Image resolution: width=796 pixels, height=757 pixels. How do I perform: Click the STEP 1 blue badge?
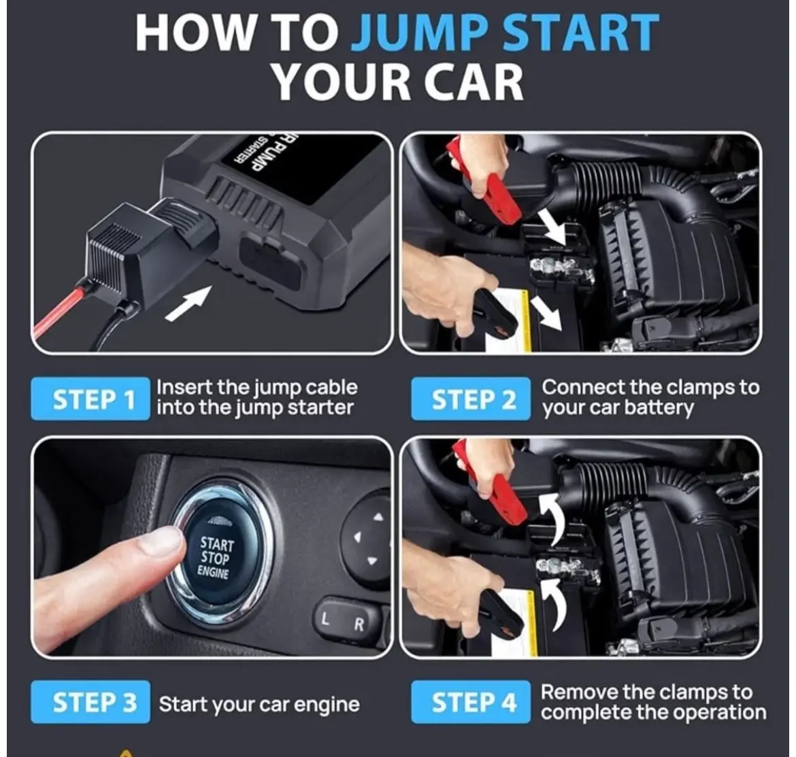point(90,399)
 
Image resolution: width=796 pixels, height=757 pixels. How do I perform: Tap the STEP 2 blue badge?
point(471,399)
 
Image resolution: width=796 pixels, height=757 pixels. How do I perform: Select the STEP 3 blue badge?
point(90,702)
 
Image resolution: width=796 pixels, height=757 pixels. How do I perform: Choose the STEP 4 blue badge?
point(471,702)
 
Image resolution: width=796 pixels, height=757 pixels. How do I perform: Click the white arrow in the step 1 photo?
point(188,303)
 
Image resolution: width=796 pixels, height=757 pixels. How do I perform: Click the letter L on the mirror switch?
point(325,619)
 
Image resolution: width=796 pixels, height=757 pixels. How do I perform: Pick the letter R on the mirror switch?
point(359,624)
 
